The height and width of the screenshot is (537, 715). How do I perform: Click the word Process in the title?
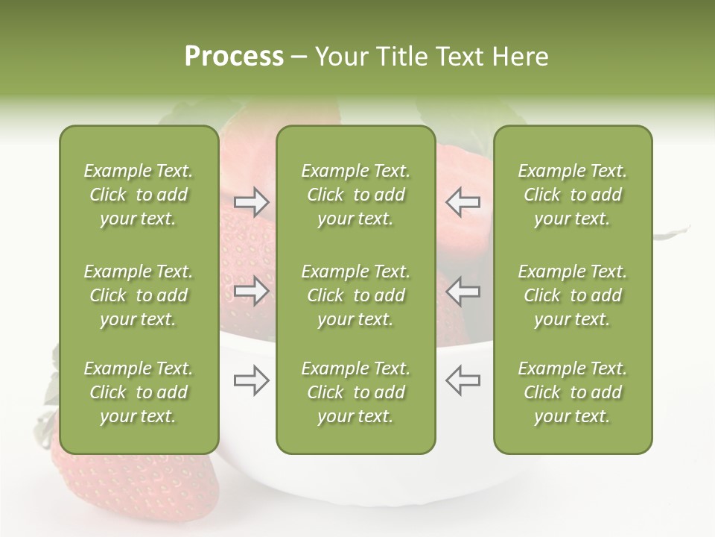click(234, 57)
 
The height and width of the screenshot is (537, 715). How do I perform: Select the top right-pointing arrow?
click(252, 202)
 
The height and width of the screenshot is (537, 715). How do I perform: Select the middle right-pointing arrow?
click(252, 291)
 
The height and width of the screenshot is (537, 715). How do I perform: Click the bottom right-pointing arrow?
click(252, 380)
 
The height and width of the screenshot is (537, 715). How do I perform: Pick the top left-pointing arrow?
click(463, 202)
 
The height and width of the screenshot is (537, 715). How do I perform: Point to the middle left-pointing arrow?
click(463, 291)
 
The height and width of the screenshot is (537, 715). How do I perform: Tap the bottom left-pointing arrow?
click(463, 380)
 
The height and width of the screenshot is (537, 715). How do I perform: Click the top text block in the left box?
click(139, 195)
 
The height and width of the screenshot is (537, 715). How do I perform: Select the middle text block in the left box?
click(139, 295)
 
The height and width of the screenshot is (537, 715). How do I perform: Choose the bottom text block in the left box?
click(139, 392)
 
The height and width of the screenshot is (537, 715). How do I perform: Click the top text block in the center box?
click(355, 195)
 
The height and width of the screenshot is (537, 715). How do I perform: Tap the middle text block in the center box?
click(355, 295)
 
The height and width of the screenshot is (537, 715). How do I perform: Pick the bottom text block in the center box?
click(355, 392)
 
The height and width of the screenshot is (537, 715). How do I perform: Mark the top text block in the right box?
click(573, 195)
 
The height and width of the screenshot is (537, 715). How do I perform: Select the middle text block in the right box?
click(573, 295)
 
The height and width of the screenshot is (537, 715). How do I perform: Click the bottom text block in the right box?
click(573, 392)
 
